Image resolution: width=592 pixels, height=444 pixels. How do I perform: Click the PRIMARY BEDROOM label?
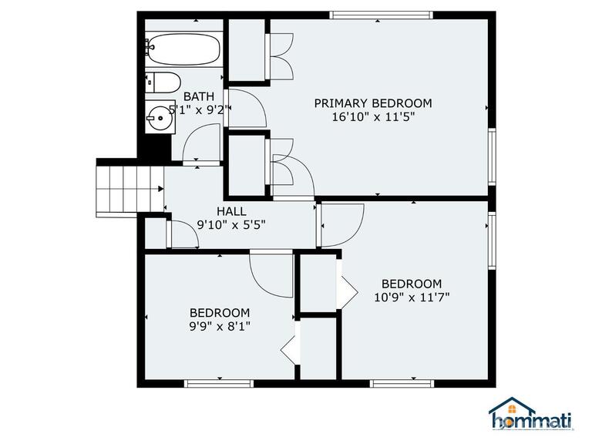pyautogui.click(x=372, y=103)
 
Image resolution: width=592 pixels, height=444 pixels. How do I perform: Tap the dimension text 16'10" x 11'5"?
pyautogui.click(x=372, y=118)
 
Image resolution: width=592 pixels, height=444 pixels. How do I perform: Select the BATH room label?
pyautogui.click(x=199, y=96)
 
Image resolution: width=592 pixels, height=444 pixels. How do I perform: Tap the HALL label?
pyautogui.click(x=231, y=211)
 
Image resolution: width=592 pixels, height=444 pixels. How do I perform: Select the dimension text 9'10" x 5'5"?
pyautogui.click(x=231, y=226)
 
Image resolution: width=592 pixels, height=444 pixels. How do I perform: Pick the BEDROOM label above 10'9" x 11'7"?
pyautogui.click(x=412, y=283)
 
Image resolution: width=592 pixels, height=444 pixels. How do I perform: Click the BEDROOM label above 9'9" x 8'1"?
pyautogui.click(x=220, y=312)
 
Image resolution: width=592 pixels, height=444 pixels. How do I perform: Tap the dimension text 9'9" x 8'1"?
pyautogui.click(x=220, y=326)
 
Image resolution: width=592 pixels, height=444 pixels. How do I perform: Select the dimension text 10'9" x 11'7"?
pyautogui.click(x=412, y=298)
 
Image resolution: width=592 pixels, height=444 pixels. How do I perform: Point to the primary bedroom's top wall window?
pyautogui.click(x=381, y=15)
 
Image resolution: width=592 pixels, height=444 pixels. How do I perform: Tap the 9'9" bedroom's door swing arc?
pyautogui.click(x=266, y=274)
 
